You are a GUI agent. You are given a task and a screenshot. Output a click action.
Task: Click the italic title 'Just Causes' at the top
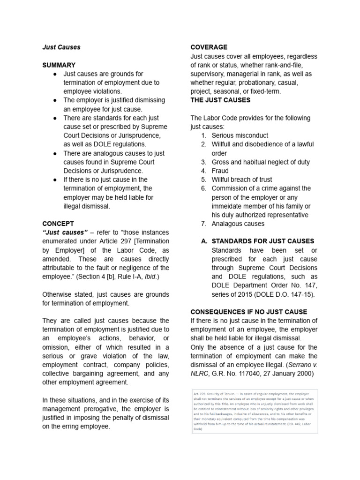tap(61, 47)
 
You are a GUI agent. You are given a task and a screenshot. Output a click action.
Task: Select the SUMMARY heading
tap(59, 65)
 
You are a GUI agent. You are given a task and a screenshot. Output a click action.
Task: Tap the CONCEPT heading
tap(58, 224)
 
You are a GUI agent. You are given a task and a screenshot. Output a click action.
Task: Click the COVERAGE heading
tap(209, 47)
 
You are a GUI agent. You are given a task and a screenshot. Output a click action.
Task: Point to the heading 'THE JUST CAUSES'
tap(220, 100)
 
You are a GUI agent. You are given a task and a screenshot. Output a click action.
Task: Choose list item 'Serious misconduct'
tap(240, 135)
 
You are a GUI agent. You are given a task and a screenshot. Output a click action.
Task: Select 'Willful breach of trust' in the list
tap(241, 179)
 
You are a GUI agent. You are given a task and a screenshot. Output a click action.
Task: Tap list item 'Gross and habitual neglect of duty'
tap(260, 162)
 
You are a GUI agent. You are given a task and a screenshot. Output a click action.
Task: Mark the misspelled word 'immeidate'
tap(227, 206)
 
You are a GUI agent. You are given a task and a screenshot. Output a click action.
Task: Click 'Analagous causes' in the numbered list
tap(238, 224)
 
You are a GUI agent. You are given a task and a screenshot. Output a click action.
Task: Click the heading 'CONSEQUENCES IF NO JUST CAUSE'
tap(248, 312)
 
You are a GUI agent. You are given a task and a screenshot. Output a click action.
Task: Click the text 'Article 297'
tap(113, 241)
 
